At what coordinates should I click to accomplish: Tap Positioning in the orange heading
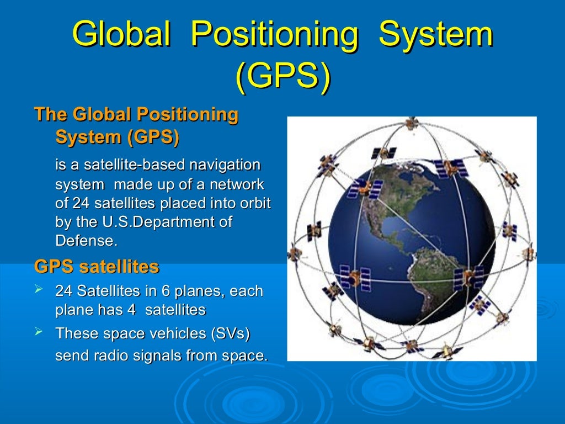(187, 115)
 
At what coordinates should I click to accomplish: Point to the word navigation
(225, 165)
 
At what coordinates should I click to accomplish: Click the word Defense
(86, 241)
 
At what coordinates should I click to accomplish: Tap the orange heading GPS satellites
(97, 267)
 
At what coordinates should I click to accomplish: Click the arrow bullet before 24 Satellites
(39, 289)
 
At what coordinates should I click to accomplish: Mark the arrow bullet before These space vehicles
(39, 332)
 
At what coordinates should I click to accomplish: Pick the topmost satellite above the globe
(411, 123)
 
